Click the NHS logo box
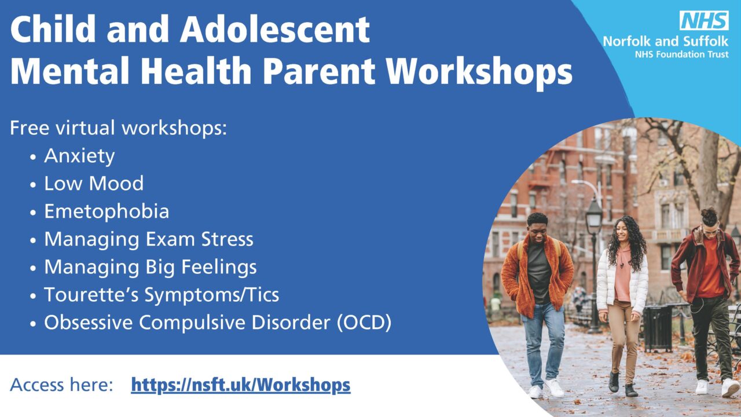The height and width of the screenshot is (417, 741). pyautogui.click(x=703, y=21)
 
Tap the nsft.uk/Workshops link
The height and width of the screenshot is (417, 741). pyautogui.click(x=240, y=385)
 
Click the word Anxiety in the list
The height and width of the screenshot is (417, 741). pyautogui.click(x=79, y=156)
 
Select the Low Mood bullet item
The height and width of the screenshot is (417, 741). pyautogui.click(x=94, y=184)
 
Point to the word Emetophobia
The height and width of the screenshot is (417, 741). pyautogui.click(x=107, y=211)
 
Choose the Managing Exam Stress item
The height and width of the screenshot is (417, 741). pyautogui.click(x=149, y=239)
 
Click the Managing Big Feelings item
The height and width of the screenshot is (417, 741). pyautogui.click(x=151, y=267)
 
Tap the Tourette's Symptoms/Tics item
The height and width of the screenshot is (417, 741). pyautogui.click(x=162, y=295)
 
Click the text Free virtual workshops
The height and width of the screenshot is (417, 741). pyautogui.click(x=118, y=128)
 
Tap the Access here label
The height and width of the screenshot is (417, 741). pyautogui.click(x=61, y=385)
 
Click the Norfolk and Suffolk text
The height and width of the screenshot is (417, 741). pyautogui.click(x=665, y=42)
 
